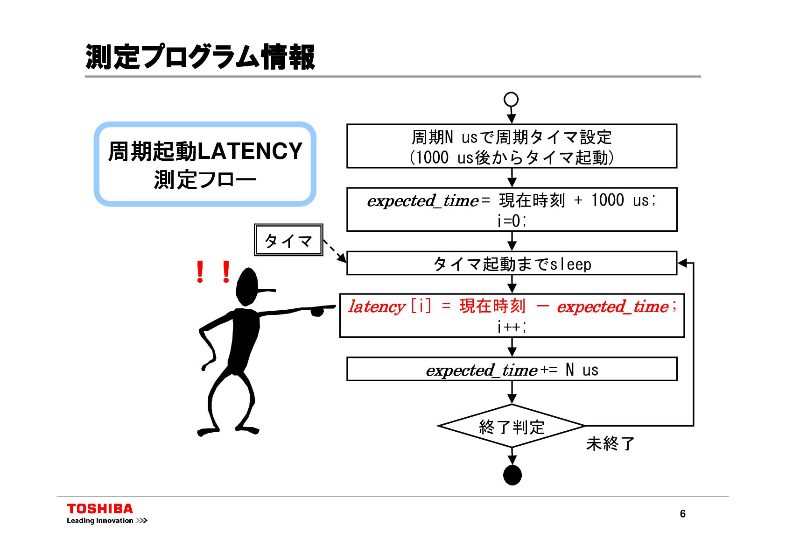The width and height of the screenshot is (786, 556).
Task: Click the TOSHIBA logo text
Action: click(100, 509)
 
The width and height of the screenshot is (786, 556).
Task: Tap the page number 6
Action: click(682, 514)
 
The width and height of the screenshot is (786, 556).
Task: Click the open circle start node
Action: click(511, 100)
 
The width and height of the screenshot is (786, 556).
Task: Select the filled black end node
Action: click(512, 476)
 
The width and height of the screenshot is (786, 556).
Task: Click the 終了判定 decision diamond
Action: click(512, 427)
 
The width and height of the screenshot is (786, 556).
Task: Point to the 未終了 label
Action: click(610, 443)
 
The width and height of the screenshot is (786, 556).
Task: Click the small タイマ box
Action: click(288, 240)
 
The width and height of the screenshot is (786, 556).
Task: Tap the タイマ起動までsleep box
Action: click(512, 264)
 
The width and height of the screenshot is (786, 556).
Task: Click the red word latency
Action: click(377, 307)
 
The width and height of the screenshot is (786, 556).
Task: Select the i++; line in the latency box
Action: click(512, 327)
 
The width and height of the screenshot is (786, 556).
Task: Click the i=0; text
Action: click(512, 221)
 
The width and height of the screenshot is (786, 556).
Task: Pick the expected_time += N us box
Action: click(512, 370)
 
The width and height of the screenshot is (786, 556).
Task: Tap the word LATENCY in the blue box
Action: click(250, 151)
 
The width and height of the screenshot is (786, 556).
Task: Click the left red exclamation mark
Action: click(200, 271)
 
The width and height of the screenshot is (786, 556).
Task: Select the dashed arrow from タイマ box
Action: click(335, 251)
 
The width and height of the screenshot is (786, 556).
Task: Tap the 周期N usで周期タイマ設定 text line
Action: click(512, 137)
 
